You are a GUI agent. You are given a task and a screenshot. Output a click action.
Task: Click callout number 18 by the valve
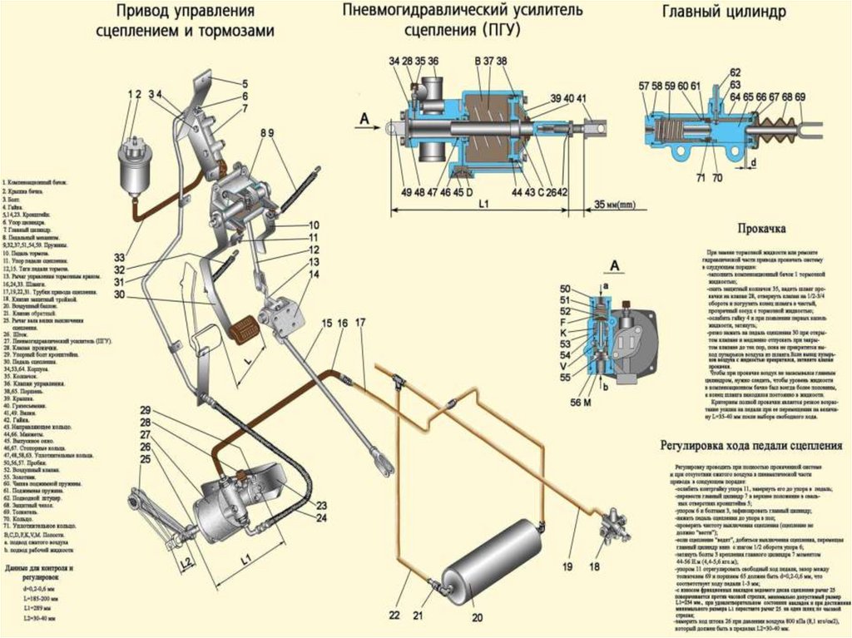coord(594,566)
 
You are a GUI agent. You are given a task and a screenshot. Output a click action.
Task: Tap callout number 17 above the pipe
coord(359,322)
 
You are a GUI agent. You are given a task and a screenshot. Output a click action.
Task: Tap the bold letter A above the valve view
coord(616,265)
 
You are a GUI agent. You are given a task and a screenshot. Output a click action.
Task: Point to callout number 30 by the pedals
coord(121,294)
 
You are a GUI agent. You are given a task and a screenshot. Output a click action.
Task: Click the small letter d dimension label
coord(752,164)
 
